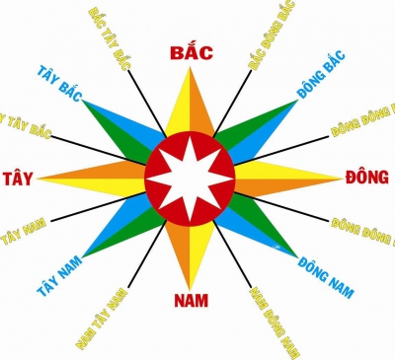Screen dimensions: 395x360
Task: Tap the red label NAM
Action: tap(187, 300)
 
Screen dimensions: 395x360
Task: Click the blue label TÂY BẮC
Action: tap(59, 87)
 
